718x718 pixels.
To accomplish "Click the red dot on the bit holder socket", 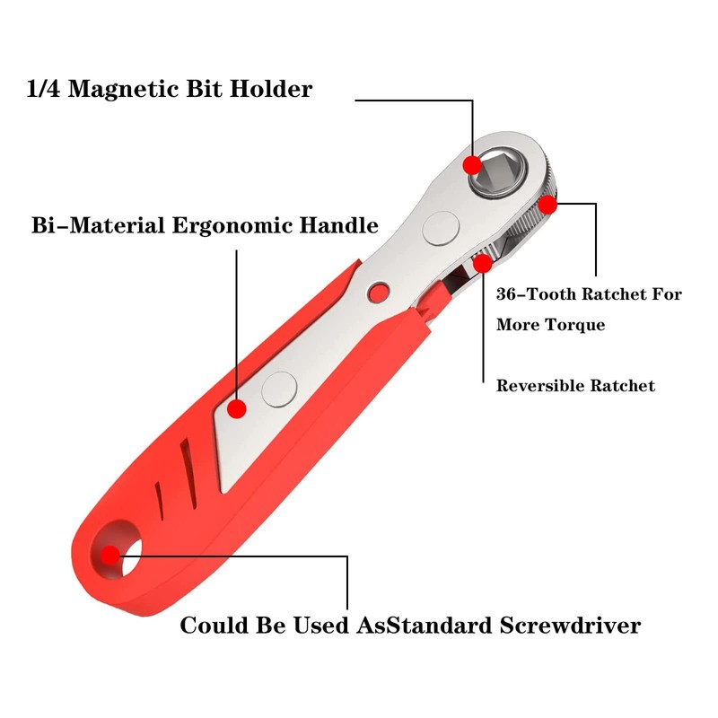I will [x=472, y=165].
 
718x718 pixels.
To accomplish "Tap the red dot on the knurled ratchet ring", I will [x=547, y=205].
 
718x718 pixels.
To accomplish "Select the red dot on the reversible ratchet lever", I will [x=483, y=263].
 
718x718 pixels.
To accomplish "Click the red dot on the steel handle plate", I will [x=237, y=409].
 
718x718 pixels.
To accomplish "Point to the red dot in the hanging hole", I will [x=110, y=555].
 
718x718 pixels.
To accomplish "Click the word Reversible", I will [x=540, y=386].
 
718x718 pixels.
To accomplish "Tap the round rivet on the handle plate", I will [x=279, y=389].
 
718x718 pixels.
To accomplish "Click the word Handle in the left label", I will [x=335, y=225].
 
